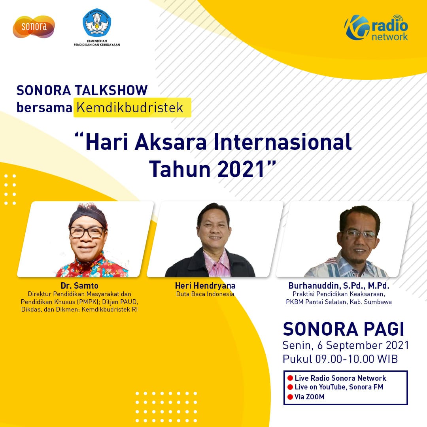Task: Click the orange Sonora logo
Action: [34, 27]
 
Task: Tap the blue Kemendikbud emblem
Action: [97, 23]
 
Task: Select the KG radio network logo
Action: [377, 28]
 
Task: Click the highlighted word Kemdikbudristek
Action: [130, 108]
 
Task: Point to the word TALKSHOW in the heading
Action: [111, 91]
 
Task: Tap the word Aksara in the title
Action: [171, 142]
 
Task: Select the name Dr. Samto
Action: [79, 285]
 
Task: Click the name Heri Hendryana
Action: [205, 285]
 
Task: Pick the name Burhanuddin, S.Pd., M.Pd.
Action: [339, 285]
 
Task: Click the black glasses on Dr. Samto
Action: [87, 232]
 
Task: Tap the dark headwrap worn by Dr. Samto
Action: [88, 215]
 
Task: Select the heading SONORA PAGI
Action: [344, 329]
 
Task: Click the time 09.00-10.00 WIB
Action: [357, 359]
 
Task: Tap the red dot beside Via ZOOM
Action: [290, 397]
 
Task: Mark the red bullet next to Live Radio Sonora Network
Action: [290, 378]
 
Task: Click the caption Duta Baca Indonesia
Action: [205, 294]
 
